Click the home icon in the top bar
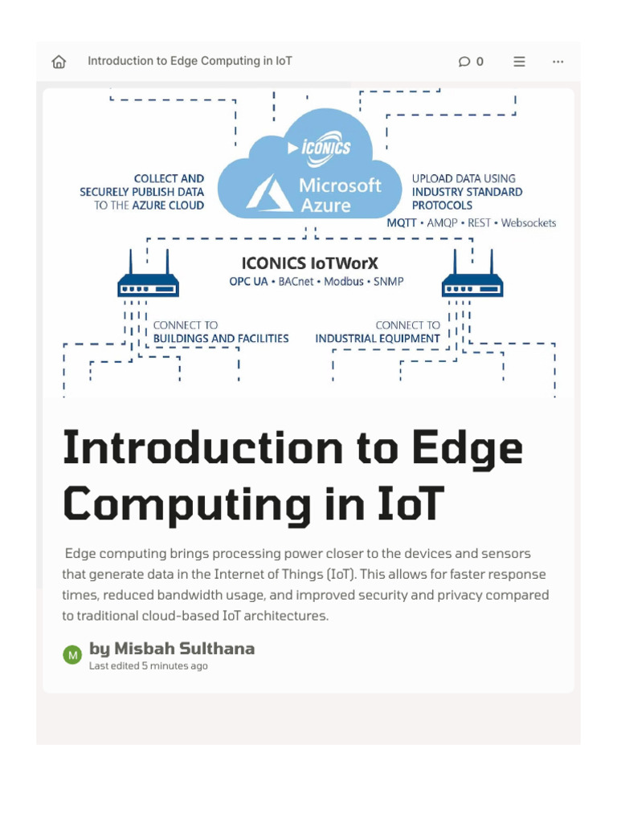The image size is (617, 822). pos(59,62)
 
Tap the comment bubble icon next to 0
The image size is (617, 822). pos(464,62)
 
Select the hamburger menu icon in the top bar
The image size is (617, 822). pos(520,62)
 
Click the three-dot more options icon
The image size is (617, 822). pos(558,62)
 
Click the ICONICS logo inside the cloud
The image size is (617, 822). pos(325,148)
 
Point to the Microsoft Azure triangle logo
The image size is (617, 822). pos(269,193)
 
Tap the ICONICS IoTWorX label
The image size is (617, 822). pos(309,263)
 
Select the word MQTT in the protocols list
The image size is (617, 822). pos(402,222)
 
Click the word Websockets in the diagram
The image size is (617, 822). pos(528,222)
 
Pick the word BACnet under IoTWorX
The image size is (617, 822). pos(296,282)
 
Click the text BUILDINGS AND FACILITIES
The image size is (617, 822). pos(221,339)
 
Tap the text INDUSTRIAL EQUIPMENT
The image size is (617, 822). pos(378,339)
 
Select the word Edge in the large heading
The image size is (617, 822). pos(470,450)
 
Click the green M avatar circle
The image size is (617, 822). pos(72,655)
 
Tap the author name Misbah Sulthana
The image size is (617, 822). pos(183,649)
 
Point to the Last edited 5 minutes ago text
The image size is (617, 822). pos(148,666)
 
